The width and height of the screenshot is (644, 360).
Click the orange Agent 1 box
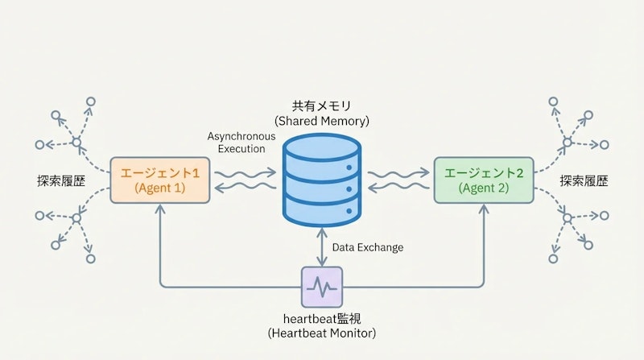[x=161, y=180]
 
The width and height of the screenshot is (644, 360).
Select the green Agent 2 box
[x=484, y=180]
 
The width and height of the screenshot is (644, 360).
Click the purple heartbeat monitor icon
[x=322, y=285]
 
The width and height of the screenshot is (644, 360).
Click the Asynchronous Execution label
[x=241, y=143]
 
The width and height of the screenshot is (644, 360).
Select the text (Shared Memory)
[x=321, y=121]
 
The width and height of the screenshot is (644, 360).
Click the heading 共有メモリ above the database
[x=321, y=106]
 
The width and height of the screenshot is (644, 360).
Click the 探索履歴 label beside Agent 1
[x=60, y=180]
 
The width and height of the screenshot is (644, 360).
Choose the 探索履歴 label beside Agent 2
[x=584, y=180]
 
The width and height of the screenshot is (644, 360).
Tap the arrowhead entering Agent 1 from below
[x=161, y=207]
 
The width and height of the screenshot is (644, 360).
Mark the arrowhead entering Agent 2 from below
[x=484, y=207]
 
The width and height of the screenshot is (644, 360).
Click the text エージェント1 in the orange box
[x=160, y=172]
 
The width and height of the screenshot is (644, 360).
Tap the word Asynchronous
[x=241, y=136]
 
